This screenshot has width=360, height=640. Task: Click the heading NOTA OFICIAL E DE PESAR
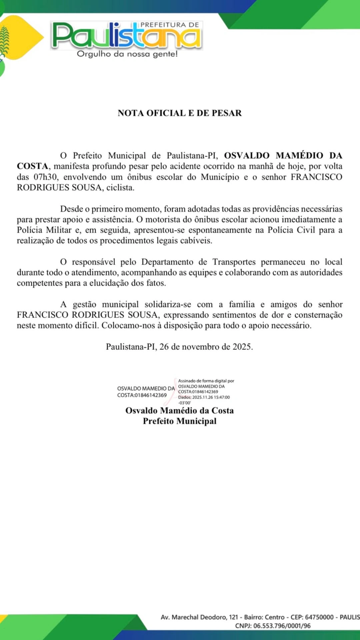pyautogui.click(x=180, y=113)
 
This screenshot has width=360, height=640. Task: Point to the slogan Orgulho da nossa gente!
pyautogui.click(x=127, y=54)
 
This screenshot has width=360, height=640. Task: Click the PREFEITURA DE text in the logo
pyautogui.click(x=170, y=25)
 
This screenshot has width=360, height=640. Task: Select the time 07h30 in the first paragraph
pyautogui.click(x=45, y=177)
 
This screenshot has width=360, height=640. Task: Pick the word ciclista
pyautogui.click(x=120, y=187)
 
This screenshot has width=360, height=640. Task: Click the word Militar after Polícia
pyautogui.click(x=59, y=230)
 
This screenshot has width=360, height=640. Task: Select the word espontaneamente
pyautogui.click(x=220, y=230)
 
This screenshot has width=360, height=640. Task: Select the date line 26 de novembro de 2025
pyautogui.click(x=206, y=347)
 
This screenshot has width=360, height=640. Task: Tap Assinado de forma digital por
pyautogui.click(x=206, y=381)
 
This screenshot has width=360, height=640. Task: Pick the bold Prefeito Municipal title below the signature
pyautogui.click(x=180, y=421)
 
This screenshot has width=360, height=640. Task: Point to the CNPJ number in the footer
pyautogui.click(x=282, y=626)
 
